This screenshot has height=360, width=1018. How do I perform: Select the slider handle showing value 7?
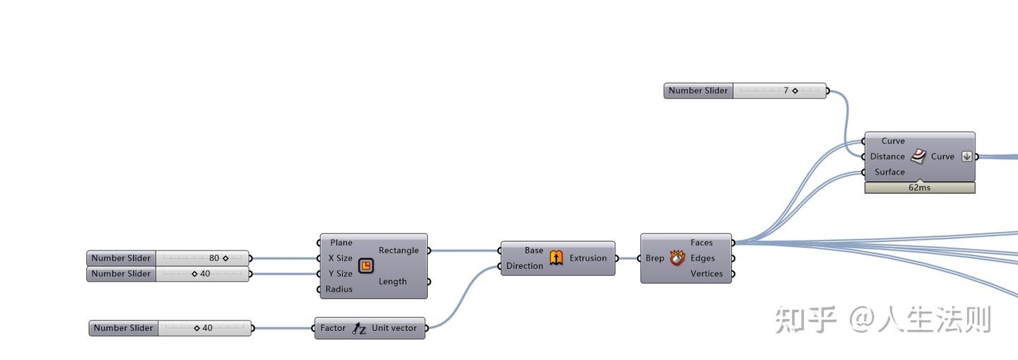[795, 91]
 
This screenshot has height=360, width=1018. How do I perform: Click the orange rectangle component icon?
[366, 266]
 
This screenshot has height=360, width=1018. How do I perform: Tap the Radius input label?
[339, 289]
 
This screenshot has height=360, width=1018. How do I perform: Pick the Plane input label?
[341, 243]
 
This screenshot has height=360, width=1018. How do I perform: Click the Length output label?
[392, 281]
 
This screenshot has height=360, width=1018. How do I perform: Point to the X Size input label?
[341, 258]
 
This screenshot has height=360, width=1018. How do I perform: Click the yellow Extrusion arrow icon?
[556, 257]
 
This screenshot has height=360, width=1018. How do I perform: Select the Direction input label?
[525, 266]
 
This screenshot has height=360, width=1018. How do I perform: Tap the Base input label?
[534, 250]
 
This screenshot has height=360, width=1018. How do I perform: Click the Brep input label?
[655, 258]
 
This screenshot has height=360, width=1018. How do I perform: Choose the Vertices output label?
[707, 274]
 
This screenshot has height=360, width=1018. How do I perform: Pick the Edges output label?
[703, 258]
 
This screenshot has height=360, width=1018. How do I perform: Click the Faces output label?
[702, 243]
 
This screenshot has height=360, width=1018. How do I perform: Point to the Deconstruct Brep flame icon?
[677, 258]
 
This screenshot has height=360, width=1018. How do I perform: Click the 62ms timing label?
[919, 187]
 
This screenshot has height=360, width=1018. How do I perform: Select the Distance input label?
[888, 156]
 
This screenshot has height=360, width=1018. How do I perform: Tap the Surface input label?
[890, 172]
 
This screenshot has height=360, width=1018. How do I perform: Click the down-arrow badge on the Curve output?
[966, 156]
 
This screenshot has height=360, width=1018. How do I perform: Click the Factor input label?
[333, 328]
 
